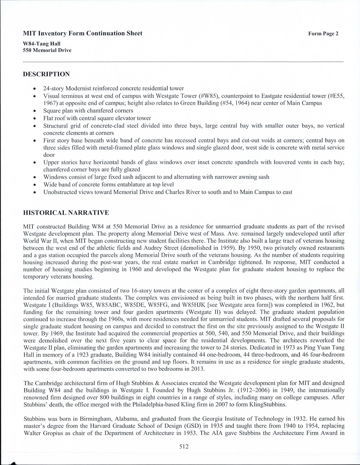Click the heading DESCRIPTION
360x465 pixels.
click(x=47, y=74)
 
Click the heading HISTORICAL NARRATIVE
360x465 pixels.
click(x=66, y=213)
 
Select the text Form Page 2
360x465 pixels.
click(x=323, y=34)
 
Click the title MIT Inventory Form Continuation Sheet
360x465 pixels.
click(x=83, y=33)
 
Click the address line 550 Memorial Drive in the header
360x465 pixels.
click(x=47, y=50)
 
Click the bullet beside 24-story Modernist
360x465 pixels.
click(x=37, y=89)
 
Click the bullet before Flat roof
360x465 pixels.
click(x=37, y=118)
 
